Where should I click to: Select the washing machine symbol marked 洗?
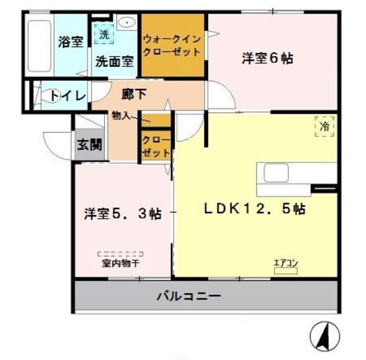click(104, 34)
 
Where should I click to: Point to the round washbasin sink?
click(126, 22)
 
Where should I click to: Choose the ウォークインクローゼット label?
click(172, 46)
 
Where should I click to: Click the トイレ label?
click(67, 96)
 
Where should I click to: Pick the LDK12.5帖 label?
click(254, 209)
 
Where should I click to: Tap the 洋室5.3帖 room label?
click(122, 215)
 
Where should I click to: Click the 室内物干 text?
click(121, 263)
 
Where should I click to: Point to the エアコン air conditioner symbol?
click(285, 267)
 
